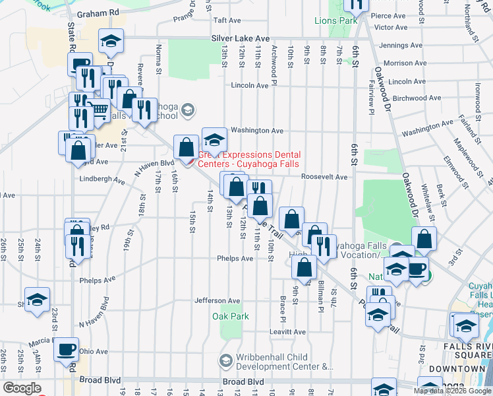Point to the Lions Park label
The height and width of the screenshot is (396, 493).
[x=335, y=20]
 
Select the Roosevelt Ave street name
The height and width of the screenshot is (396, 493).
[x=324, y=177]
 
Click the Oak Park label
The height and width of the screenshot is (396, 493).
[x=231, y=316]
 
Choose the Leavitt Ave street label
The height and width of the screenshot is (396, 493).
[x=287, y=331]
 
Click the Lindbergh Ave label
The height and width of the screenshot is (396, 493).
[x=102, y=180]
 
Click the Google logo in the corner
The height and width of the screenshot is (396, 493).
[x=22, y=388]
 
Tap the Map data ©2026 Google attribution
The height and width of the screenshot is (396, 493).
[x=452, y=391]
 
